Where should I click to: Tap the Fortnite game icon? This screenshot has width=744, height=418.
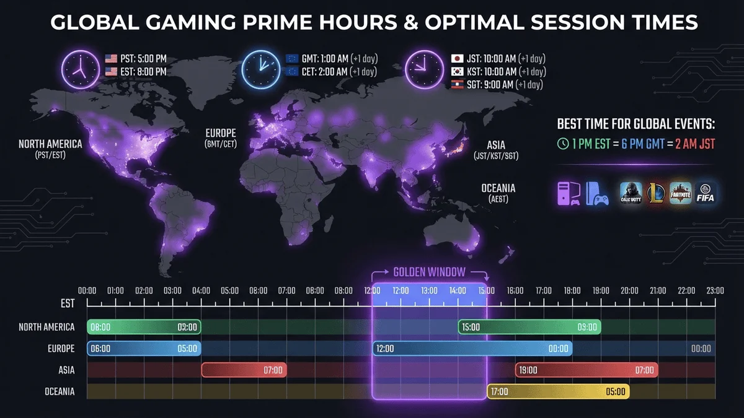click(680, 193)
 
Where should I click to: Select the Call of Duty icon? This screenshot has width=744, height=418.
click(631, 193)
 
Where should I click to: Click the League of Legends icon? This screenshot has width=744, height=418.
click(656, 193)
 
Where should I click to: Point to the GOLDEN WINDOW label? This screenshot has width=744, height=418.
click(429, 272)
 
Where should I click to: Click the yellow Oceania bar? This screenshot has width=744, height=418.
click(558, 391)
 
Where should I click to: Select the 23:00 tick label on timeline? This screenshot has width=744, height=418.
click(715, 290)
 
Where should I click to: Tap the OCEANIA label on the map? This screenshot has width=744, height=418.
click(498, 188)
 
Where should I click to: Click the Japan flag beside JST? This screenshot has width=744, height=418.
click(457, 59)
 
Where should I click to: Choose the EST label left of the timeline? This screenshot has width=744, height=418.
click(68, 303)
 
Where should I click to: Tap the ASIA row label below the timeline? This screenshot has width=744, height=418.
click(66, 370)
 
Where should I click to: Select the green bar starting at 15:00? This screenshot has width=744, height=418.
click(529, 327)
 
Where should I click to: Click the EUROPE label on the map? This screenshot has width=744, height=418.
click(221, 133)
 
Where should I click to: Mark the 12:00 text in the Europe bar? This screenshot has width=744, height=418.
click(385, 349)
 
